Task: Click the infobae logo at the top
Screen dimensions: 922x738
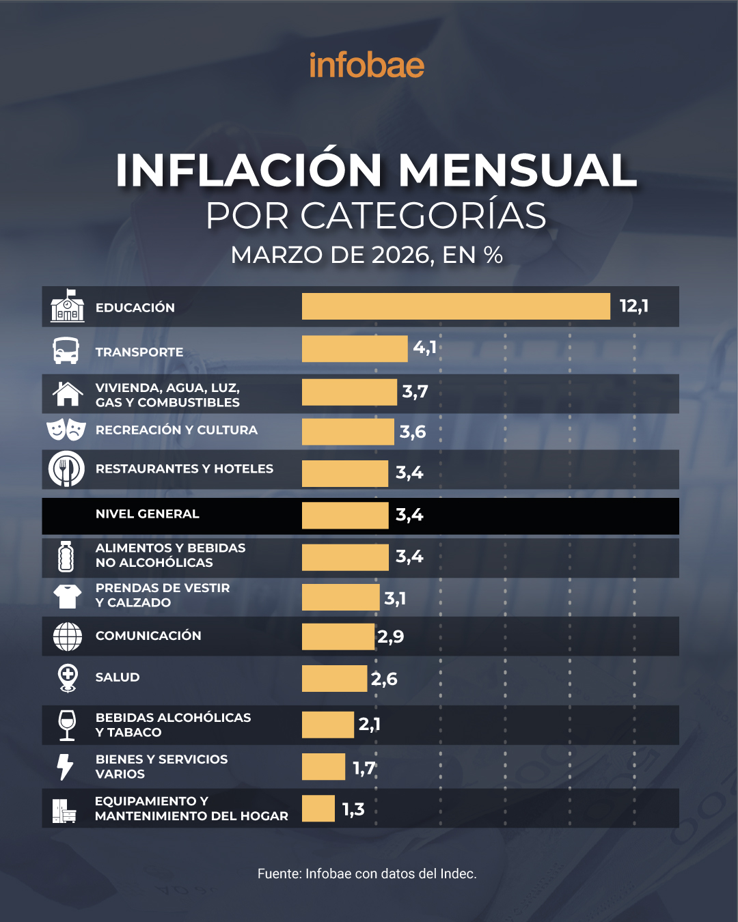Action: click(x=367, y=66)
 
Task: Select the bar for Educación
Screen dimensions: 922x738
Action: click(x=456, y=307)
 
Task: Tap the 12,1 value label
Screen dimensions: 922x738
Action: click(x=633, y=306)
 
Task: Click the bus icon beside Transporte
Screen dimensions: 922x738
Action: click(x=66, y=351)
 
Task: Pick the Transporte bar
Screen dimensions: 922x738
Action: click(x=355, y=349)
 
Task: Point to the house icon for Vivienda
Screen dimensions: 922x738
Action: click(x=67, y=394)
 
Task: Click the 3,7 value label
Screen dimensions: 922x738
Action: click(x=415, y=392)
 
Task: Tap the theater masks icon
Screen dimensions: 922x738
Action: click(x=66, y=430)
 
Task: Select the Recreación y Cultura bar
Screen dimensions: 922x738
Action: click(x=348, y=432)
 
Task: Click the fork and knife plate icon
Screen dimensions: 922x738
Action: click(x=66, y=469)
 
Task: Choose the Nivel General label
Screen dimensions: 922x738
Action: click(x=148, y=514)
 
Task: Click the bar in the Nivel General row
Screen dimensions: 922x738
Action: click(x=345, y=515)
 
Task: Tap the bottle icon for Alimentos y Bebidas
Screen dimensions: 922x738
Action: click(x=66, y=557)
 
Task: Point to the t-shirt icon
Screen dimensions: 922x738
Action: click(x=67, y=596)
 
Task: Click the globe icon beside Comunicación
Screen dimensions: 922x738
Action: click(x=67, y=637)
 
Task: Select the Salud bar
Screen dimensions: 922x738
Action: click(x=334, y=678)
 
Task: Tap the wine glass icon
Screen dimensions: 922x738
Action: click(x=67, y=725)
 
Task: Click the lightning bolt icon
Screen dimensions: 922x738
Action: click(x=65, y=766)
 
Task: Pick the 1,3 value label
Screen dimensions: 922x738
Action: click(x=353, y=809)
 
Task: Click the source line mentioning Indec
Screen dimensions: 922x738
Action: click(x=367, y=874)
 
